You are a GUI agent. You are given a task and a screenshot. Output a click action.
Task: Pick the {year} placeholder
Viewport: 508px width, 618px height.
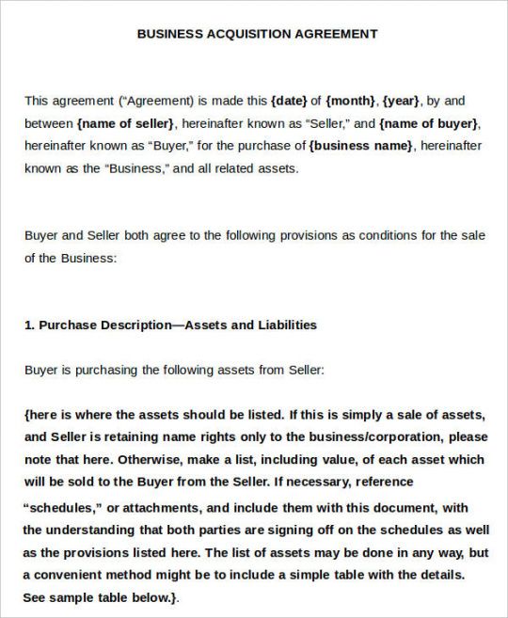point(403,100)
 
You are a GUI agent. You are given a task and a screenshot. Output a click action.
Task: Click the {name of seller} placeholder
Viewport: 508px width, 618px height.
point(126,123)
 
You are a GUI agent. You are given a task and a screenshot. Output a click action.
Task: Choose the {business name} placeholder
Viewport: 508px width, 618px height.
point(361,146)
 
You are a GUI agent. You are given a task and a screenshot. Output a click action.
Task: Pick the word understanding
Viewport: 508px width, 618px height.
point(97,529)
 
